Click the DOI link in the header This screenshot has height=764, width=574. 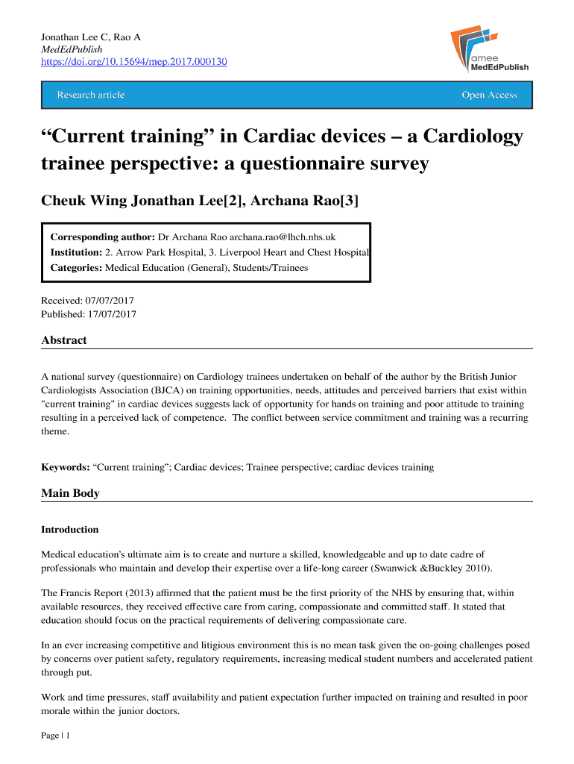[x=134, y=61]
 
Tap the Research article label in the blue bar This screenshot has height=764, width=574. [x=90, y=95]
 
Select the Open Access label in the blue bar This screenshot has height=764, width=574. [x=489, y=95]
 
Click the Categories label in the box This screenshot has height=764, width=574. [x=77, y=267]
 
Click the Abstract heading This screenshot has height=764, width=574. [x=64, y=340]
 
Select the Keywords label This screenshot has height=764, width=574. [x=66, y=467]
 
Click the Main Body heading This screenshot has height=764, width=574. [x=70, y=493]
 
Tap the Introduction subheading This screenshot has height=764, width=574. [x=70, y=530]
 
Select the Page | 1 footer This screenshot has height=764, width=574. [x=55, y=736]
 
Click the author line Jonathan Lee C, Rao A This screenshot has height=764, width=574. [x=90, y=37]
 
